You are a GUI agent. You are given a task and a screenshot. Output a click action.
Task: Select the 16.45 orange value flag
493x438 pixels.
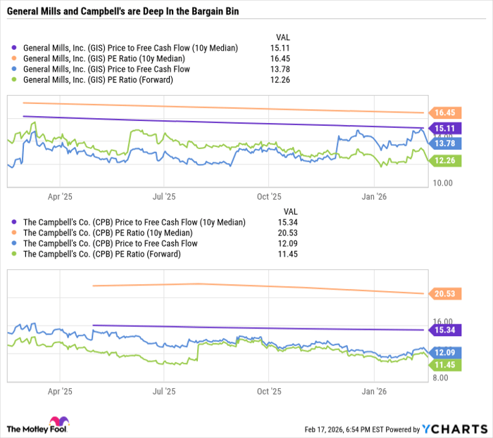444,112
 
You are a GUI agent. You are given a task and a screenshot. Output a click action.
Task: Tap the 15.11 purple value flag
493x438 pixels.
444,128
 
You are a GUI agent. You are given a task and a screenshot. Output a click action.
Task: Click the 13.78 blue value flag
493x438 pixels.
444,143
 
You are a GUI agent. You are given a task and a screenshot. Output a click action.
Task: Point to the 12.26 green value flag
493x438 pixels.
444,160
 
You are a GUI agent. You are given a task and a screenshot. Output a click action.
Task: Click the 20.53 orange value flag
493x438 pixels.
444,293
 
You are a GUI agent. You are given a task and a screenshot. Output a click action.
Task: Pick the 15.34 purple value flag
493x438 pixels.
444,330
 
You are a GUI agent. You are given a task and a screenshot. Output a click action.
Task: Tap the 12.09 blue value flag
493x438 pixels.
444,352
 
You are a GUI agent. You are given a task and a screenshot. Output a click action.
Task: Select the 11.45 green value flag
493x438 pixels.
444,365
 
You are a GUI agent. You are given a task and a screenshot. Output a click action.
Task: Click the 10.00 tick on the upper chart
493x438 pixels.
442,183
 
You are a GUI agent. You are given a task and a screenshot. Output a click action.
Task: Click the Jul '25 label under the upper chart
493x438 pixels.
164,198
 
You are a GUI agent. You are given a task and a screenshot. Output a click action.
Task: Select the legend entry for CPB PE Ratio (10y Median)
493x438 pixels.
108,233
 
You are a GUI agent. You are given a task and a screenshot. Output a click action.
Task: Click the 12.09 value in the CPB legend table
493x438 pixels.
289,243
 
